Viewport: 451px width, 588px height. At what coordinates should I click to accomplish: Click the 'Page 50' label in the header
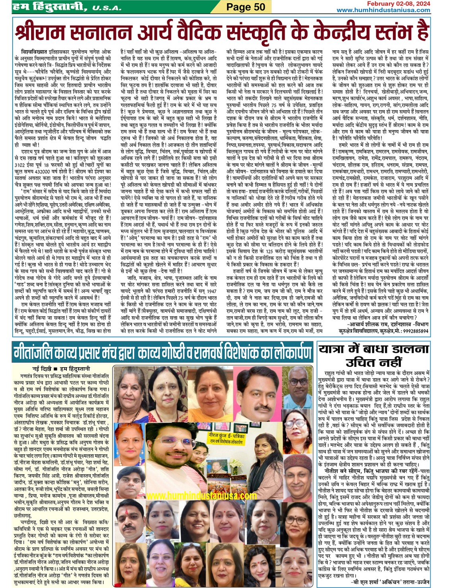(245, 7)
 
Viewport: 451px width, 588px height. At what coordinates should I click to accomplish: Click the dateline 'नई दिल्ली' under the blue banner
(41, 369)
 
